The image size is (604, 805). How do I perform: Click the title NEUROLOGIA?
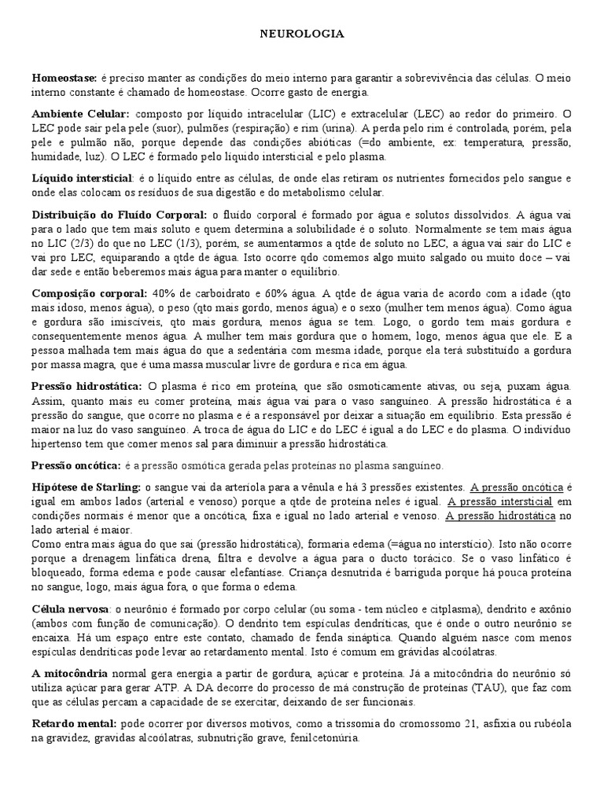coord(302,35)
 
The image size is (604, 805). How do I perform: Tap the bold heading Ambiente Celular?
coord(81,113)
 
